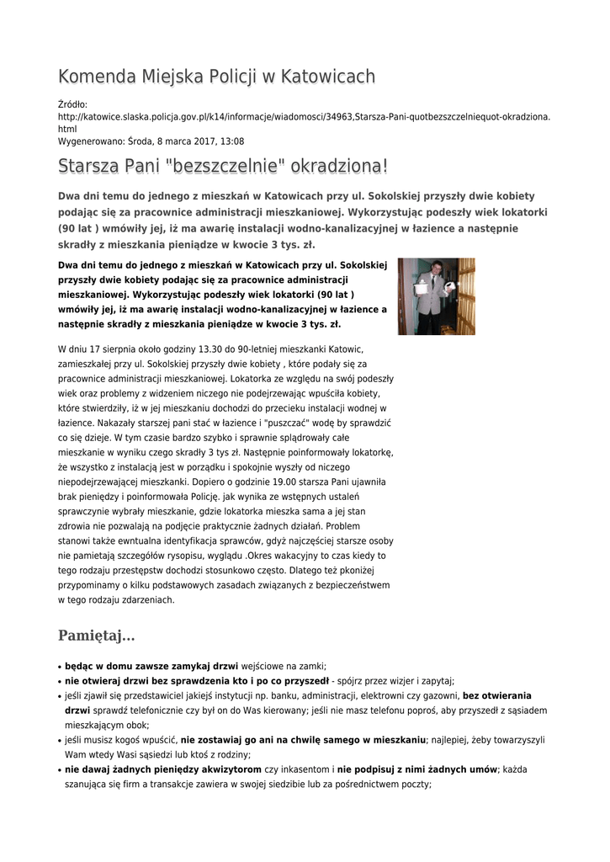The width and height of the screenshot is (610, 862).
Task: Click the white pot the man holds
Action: pos(449,286)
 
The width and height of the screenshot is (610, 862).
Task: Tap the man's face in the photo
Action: pos(435,269)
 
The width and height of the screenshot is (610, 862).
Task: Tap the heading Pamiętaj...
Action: pos(96,635)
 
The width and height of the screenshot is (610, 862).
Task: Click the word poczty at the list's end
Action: pos(416,784)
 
